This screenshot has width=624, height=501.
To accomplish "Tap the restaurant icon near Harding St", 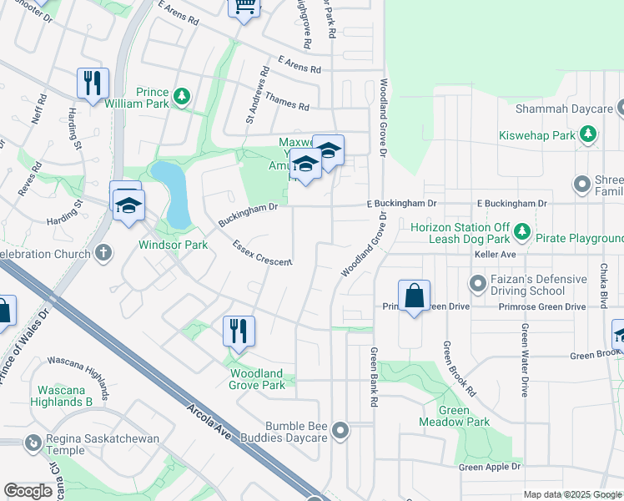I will click(92, 82).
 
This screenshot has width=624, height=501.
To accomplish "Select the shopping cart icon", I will click(244, 7).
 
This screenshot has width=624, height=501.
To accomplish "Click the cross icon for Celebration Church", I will click(103, 252).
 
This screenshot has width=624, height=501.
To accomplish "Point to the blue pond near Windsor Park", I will click(174, 194).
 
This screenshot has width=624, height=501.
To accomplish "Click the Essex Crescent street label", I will click(262, 254).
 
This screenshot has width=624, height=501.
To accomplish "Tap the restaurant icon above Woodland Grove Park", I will click(239, 331).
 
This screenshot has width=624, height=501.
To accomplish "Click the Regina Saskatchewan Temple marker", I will click(33, 443).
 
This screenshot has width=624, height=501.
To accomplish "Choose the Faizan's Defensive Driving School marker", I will click(478, 285).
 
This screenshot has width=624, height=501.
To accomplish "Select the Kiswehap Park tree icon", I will click(588, 134).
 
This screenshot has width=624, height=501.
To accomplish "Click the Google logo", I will click(28, 491).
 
